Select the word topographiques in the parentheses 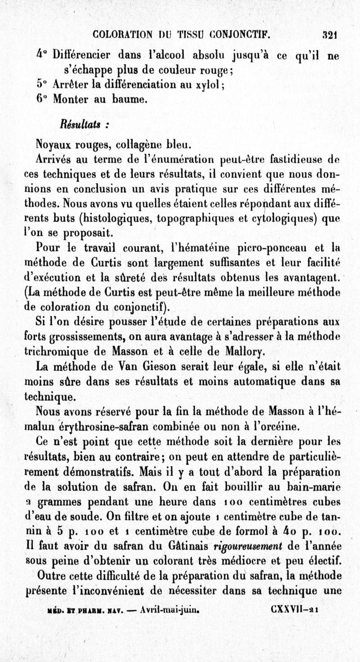(193, 219)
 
